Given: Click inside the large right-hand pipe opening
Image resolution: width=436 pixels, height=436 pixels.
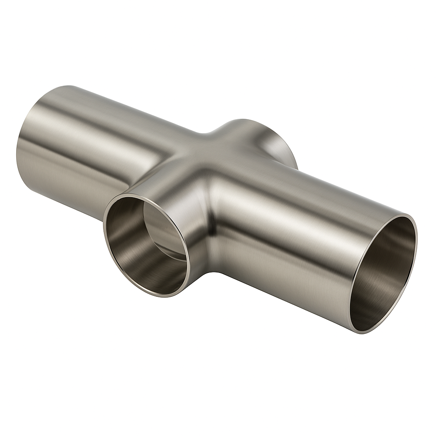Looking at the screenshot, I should [383, 272].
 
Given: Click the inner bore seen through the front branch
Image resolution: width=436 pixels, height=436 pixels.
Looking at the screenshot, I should [164, 230].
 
